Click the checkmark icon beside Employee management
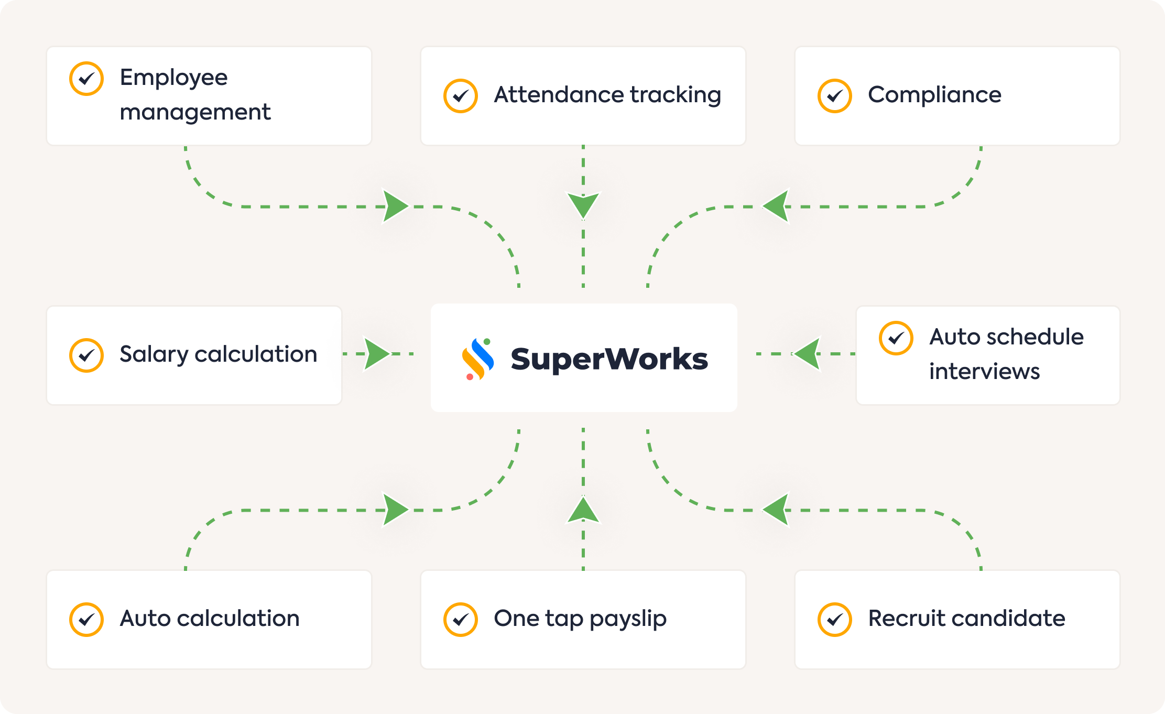pos(86,79)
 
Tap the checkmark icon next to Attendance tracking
pos(461,96)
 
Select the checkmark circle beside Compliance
pos(835,96)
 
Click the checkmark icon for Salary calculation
pos(86,355)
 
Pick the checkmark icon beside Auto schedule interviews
pos(896,338)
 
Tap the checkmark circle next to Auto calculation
pos(86,620)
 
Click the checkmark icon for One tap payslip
pos(461,620)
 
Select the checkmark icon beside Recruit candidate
pos(835,620)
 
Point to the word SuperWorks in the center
pos(609,359)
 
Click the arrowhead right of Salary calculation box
pos(377,354)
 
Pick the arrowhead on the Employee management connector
pos(395,206)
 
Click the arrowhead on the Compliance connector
pos(776,206)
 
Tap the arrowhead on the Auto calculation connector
pos(395,510)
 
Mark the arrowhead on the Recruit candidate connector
pos(776,510)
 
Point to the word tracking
pos(676,95)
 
